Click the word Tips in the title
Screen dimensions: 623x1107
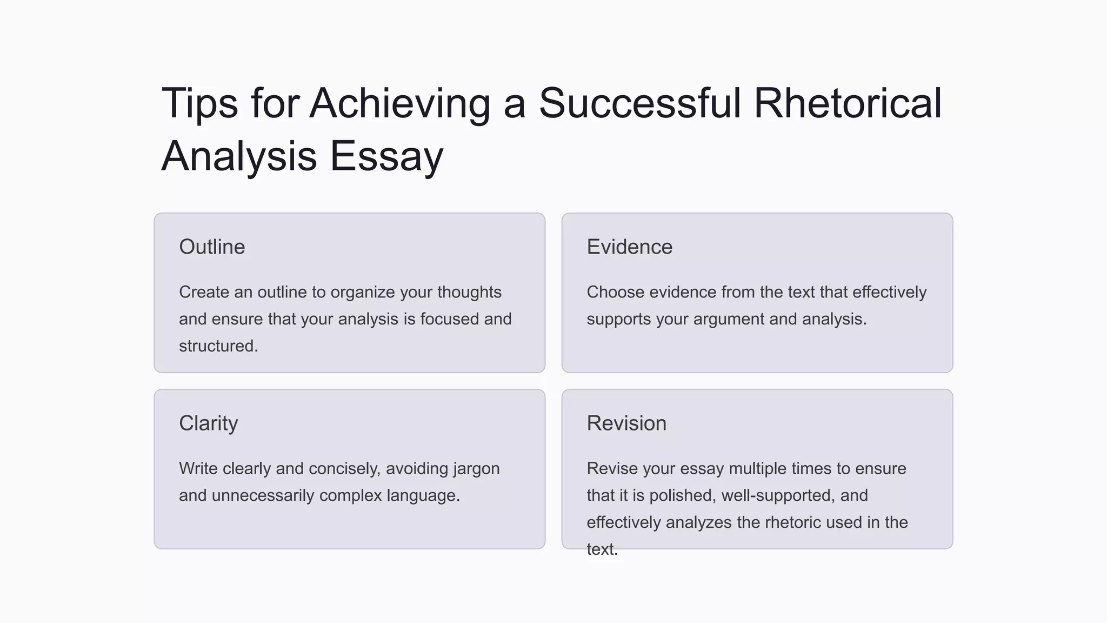point(199,104)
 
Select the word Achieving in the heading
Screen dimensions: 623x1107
point(400,104)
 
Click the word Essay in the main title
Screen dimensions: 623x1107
point(386,156)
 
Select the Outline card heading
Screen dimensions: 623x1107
point(212,247)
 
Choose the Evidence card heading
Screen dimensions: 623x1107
point(630,247)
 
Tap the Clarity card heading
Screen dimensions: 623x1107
point(208,423)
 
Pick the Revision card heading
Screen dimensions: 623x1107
point(626,423)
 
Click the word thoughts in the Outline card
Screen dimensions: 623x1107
point(469,292)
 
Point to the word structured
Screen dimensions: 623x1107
point(218,346)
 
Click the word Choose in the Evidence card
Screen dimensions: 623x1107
point(615,292)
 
